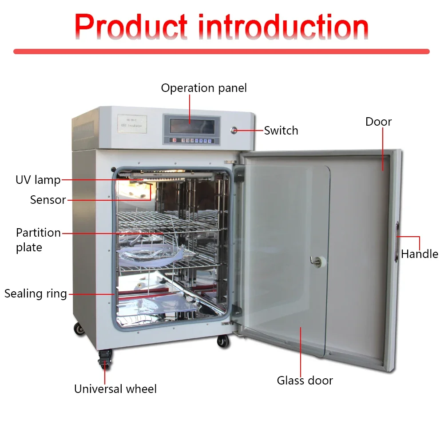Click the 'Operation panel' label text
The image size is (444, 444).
(x=204, y=88)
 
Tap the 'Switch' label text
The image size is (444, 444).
(x=281, y=131)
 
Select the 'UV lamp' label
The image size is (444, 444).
(x=38, y=180)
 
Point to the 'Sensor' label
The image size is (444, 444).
(x=48, y=200)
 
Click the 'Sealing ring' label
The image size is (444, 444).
(x=36, y=293)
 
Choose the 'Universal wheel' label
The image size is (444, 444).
(x=115, y=389)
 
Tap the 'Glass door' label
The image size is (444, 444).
(x=305, y=381)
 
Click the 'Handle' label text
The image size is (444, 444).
(x=419, y=254)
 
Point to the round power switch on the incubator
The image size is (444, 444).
(x=233, y=130)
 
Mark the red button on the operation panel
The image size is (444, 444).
(x=174, y=140)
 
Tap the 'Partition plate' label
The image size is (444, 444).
(x=38, y=240)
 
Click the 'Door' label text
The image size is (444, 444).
(x=378, y=122)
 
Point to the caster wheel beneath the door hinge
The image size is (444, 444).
(x=223, y=341)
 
